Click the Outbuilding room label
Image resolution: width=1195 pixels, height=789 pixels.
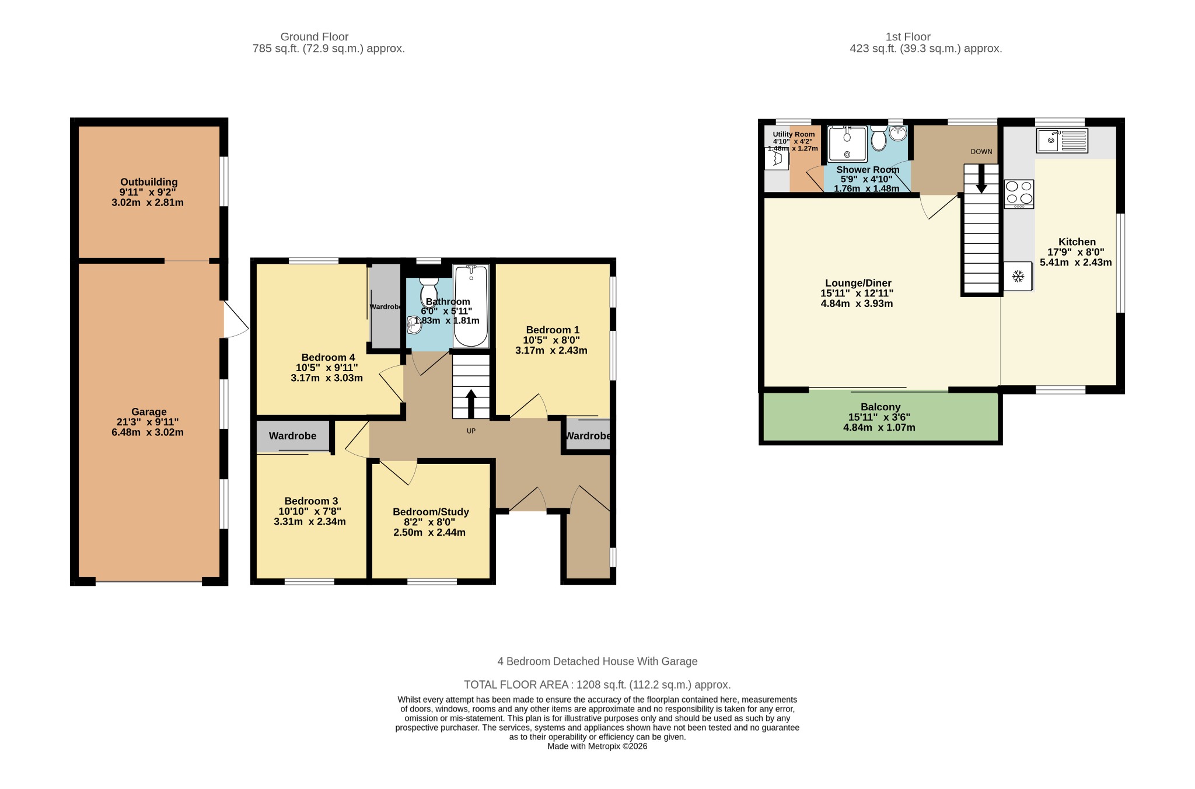[x=149, y=182]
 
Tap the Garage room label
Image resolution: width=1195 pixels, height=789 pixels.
[x=149, y=411]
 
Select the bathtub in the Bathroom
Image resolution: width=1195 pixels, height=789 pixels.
[x=471, y=306]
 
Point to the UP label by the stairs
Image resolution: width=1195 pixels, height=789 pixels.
[x=471, y=431]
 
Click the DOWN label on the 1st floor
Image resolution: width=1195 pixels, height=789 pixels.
[x=981, y=152]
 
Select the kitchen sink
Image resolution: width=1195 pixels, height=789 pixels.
[x=1062, y=141]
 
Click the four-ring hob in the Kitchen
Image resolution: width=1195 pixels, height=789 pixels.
[x=1019, y=194]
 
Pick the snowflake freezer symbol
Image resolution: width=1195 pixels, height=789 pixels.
[x=1018, y=276]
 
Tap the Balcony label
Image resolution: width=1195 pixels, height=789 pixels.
[x=880, y=407]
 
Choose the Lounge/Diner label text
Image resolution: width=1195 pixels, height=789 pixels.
[x=857, y=283]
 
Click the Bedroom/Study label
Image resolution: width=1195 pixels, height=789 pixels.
[x=431, y=512]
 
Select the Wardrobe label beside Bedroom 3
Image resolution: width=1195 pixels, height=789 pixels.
[x=292, y=436]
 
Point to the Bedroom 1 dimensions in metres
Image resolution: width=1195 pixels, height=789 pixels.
[x=551, y=351]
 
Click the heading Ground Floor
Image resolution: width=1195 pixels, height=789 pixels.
[x=315, y=37]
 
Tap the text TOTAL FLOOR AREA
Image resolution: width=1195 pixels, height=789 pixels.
[x=516, y=685]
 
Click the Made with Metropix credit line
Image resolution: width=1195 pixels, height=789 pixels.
[x=597, y=746]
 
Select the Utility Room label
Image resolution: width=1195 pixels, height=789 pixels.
[x=794, y=134]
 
